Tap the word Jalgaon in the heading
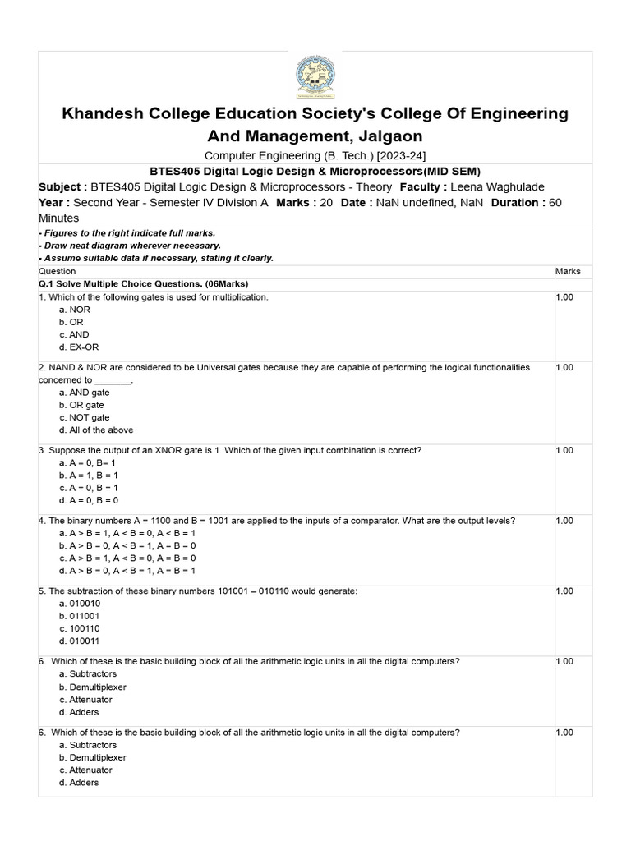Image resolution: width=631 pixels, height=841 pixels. pyautogui.click(x=385, y=136)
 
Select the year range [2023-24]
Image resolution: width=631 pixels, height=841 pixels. pyautogui.click(x=402, y=155)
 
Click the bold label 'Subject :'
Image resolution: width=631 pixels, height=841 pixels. pyautogui.click(x=62, y=187)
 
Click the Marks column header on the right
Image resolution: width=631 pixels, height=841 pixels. pyautogui.click(x=567, y=271)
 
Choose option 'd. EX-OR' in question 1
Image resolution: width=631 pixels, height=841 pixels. pyautogui.click(x=79, y=347)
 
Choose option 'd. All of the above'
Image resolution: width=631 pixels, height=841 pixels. pyautogui.click(x=96, y=430)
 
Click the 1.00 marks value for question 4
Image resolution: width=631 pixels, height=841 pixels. pyautogui.click(x=564, y=521)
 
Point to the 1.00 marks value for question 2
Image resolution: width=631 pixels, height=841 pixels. pyautogui.click(x=564, y=368)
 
